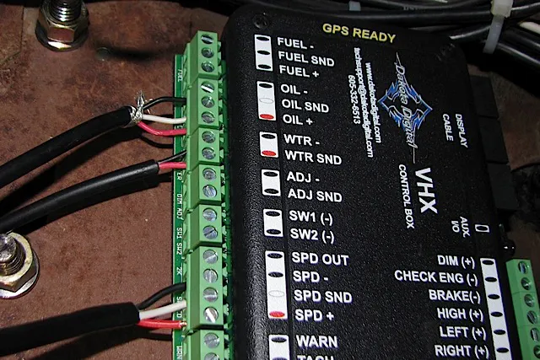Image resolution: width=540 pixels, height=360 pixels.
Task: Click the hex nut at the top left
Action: click(62, 22)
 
